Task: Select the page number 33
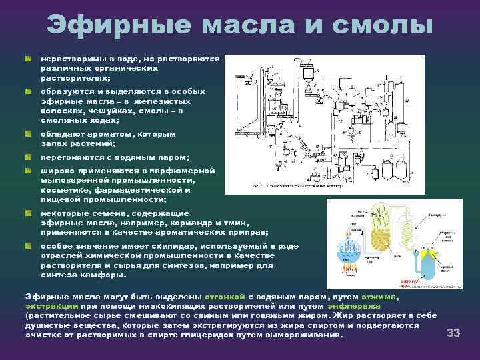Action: pos(454,332)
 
